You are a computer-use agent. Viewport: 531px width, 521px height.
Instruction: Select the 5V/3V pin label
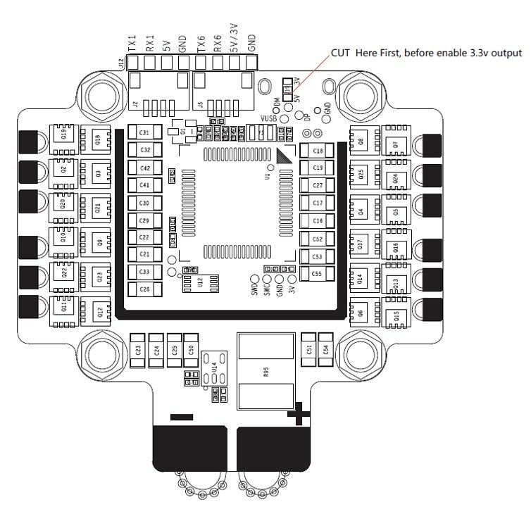(x=235, y=41)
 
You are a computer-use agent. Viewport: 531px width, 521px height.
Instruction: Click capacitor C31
(x=144, y=133)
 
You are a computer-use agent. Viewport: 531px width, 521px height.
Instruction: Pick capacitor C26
(x=144, y=289)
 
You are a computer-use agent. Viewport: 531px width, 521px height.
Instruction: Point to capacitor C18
(x=317, y=151)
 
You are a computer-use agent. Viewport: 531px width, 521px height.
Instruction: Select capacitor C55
(x=317, y=273)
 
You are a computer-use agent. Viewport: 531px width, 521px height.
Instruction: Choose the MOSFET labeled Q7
(x=396, y=144)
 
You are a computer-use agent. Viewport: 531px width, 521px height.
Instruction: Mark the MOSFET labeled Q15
(x=396, y=316)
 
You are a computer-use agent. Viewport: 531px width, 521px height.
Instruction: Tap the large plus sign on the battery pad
(x=299, y=415)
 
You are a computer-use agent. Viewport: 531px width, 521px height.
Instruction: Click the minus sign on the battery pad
(x=181, y=417)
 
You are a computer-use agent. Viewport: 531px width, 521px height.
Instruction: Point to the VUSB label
(x=269, y=119)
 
